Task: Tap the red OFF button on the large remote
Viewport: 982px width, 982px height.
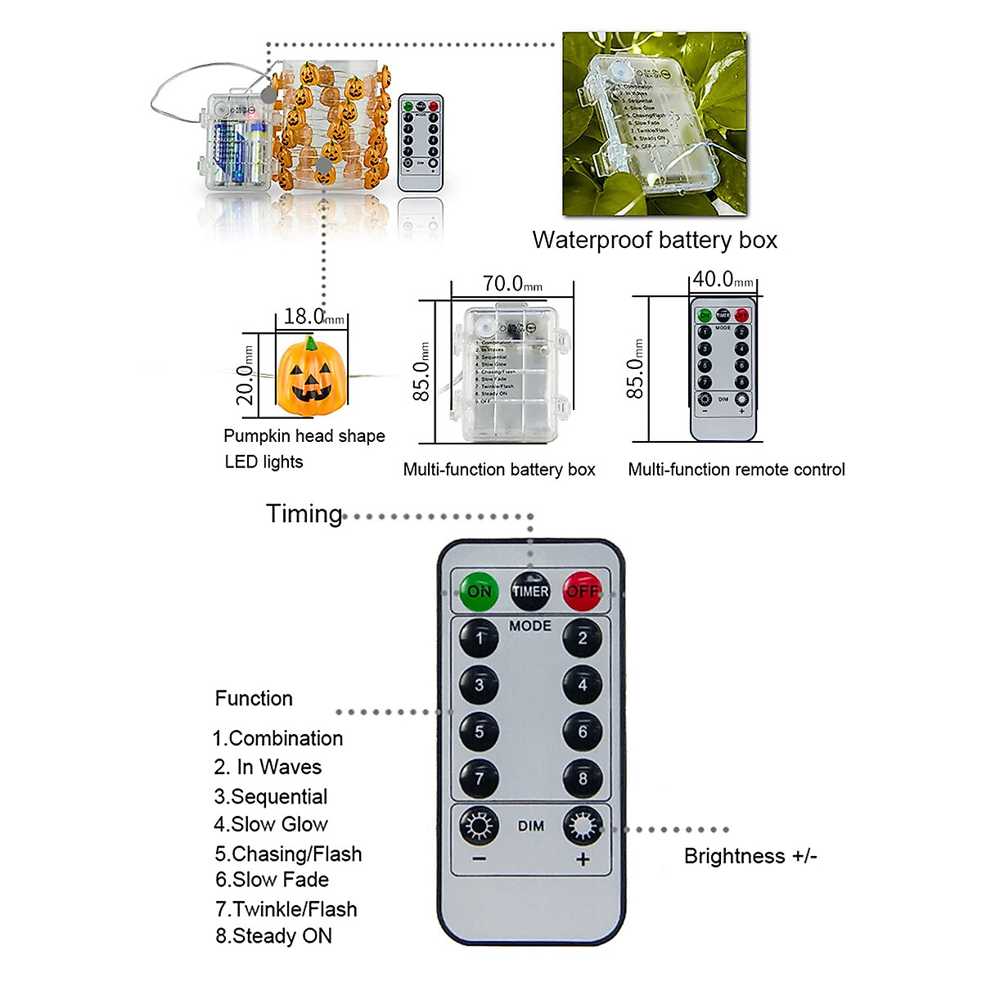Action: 582,590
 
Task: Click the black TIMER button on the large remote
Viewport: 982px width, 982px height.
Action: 530,591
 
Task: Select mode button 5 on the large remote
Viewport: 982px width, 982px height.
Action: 479,732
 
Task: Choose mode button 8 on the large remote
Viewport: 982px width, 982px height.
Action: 582,778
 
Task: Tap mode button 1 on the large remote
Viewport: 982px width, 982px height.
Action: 479,637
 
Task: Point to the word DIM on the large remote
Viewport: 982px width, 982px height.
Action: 530,827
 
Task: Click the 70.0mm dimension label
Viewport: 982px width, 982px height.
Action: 511,284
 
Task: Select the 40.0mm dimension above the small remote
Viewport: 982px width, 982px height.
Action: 723,280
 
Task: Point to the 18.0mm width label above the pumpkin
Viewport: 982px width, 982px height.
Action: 313,317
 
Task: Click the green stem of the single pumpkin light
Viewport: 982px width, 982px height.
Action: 311,343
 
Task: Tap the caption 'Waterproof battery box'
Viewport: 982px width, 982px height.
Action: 655,240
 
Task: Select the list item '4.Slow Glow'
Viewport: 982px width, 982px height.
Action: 271,824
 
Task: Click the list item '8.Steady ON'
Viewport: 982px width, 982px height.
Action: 273,936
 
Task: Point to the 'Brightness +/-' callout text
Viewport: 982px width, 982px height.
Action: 750,856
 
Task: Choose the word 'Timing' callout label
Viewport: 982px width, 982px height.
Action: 304,514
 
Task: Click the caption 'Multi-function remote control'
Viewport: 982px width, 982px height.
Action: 736,470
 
